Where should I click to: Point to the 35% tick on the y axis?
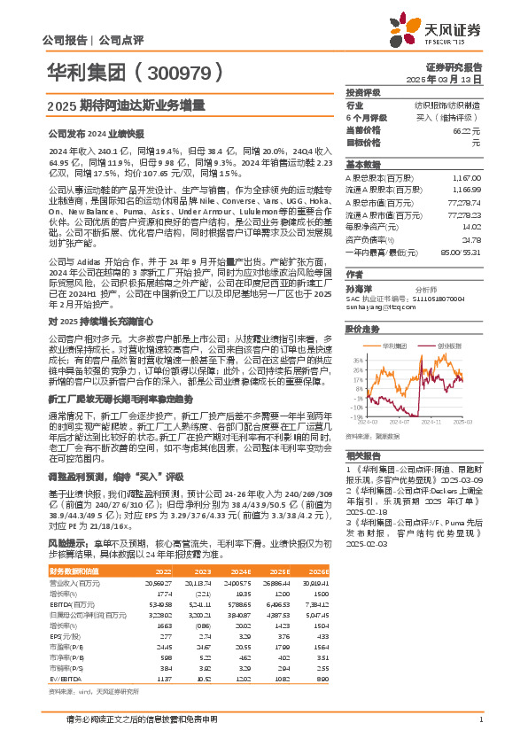coord(357,361)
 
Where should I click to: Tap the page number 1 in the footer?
coord(480,719)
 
